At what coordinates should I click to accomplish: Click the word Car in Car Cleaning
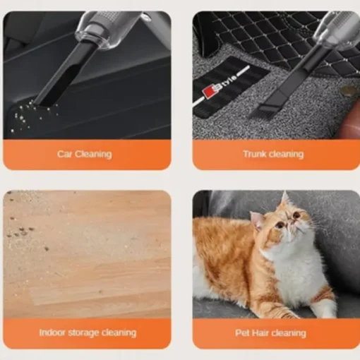coord(65,154)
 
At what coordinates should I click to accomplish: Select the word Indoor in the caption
coord(52,332)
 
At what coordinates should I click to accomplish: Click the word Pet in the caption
coord(242,333)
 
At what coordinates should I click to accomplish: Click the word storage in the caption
coord(83,332)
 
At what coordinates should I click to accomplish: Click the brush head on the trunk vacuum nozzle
coord(260,110)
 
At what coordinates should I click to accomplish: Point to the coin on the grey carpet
coord(348,90)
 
